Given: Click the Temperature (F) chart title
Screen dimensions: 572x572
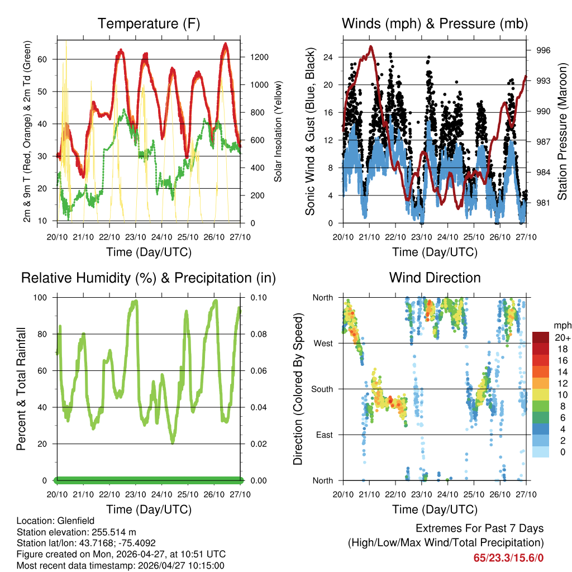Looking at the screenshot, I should point(149,23).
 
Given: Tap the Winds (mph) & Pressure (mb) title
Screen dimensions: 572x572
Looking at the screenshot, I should point(435,23).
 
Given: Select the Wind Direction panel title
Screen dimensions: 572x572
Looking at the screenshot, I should point(435,278).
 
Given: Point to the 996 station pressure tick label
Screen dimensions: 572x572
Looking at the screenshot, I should point(544,50).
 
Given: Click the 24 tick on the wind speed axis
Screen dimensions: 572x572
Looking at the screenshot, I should point(328,57).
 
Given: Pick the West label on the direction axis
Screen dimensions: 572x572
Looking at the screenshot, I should point(323,343).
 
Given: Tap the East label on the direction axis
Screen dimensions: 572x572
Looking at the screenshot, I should point(325,435).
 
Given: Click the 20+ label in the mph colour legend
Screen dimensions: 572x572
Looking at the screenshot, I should point(563,337).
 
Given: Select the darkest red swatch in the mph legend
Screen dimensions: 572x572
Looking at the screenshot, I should point(540,337).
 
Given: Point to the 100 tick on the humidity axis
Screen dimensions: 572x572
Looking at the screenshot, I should point(45,297).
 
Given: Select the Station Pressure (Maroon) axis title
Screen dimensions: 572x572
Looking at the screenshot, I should point(563,131).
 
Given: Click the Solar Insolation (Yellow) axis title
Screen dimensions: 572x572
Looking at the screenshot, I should point(278,131).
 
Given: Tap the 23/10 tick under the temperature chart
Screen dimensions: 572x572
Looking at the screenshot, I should point(135,237).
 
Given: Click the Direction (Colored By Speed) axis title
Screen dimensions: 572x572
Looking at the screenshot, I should point(298,389).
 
